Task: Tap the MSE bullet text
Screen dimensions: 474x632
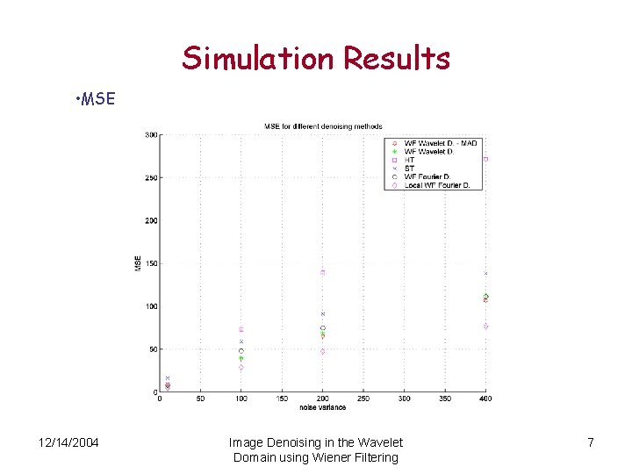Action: click(96, 98)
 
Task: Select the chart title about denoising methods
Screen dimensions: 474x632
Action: click(322, 126)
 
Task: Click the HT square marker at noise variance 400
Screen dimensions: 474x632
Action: click(485, 159)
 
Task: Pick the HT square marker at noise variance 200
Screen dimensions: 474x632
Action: click(322, 272)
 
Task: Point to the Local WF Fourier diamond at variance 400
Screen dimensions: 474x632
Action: click(485, 327)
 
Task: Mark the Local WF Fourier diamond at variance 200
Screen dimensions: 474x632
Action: click(322, 352)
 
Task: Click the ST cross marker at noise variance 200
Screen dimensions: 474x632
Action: click(322, 313)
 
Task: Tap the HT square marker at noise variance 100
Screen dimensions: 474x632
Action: click(241, 329)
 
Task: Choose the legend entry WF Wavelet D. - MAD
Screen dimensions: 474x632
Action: click(441, 143)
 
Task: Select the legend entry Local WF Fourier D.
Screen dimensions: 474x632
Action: click(437, 185)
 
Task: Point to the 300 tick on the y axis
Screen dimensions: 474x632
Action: click(151, 134)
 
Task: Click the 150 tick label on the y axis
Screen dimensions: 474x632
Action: click(151, 263)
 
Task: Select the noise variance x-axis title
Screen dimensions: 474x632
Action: click(322, 406)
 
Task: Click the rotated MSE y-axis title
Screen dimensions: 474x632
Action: click(137, 263)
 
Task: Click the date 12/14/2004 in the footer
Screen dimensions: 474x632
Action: click(68, 442)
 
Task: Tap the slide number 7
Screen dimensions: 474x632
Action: click(591, 442)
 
